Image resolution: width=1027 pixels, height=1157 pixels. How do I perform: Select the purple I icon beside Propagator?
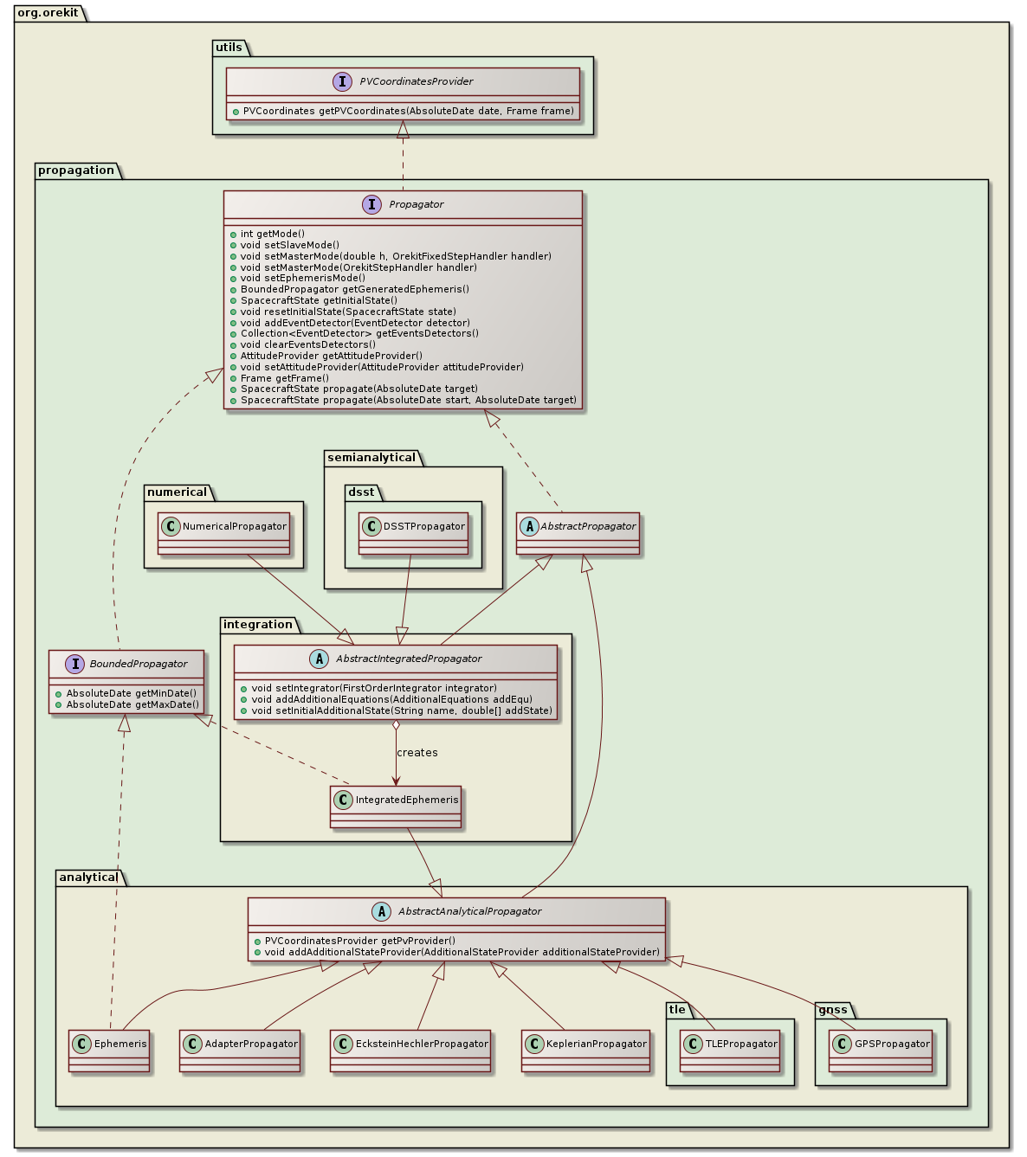click(x=371, y=205)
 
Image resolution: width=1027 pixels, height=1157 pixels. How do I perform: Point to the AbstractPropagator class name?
click(x=588, y=526)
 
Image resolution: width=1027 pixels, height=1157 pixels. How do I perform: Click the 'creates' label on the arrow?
click(x=417, y=753)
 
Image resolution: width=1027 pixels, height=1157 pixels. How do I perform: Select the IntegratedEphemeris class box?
click(x=396, y=807)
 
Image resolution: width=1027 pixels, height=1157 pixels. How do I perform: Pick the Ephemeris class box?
click(x=109, y=1051)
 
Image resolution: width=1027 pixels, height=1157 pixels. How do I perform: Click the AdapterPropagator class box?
click(x=240, y=1051)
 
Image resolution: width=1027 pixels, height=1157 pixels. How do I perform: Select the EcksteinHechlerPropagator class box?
click(x=410, y=1051)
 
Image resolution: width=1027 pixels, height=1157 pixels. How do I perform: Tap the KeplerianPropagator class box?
click(x=585, y=1051)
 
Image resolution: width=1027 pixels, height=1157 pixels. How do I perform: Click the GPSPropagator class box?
click(x=881, y=1051)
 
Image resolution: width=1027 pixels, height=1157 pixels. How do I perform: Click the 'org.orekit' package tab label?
click(x=48, y=13)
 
